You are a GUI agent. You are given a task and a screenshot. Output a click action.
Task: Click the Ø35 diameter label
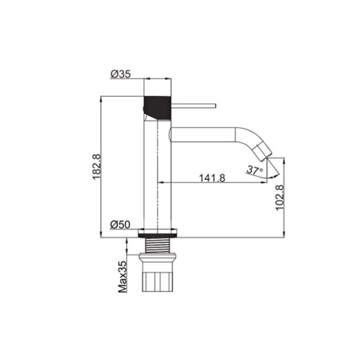click(121, 74)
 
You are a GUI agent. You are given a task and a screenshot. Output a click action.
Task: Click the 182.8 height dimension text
click(96, 167)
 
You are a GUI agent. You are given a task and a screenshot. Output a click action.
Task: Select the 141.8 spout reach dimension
click(212, 178)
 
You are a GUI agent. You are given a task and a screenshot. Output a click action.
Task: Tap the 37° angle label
click(255, 170)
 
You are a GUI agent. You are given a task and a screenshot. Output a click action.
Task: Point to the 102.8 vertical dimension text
click(280, 197)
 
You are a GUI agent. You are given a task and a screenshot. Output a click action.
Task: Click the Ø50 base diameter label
click(120, 224)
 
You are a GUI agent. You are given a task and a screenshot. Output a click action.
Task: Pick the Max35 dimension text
click(122, 276)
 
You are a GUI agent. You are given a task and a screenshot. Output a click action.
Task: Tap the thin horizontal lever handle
click(193, 105)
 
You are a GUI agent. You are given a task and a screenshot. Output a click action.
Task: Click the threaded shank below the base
click(158, 246)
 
